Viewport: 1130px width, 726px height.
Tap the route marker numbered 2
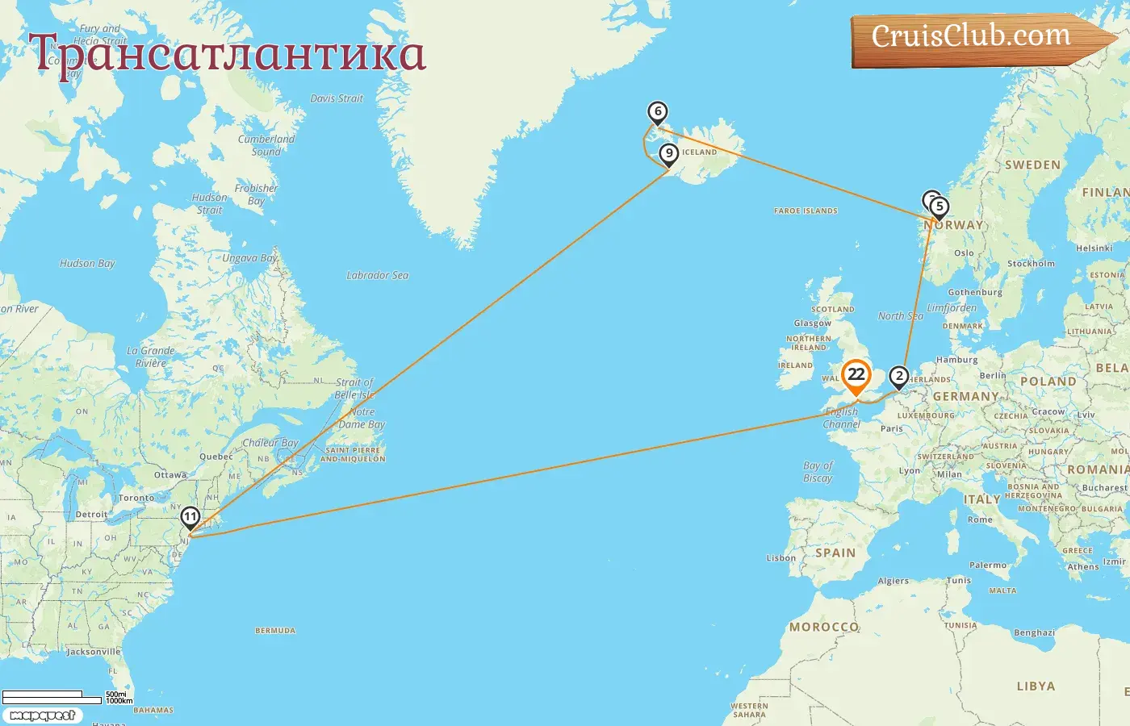coord(898,377)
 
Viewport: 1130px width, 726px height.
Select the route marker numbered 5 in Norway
coord(939,207)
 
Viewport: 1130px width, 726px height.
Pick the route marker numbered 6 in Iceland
coord(658,112)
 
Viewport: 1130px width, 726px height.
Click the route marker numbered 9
coord(668,153)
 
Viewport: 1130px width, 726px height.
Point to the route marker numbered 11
coord(190,517)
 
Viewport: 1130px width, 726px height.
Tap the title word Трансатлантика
coord(227,55)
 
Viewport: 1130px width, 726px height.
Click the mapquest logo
coord(42,716)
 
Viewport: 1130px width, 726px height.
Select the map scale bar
coord(52,697)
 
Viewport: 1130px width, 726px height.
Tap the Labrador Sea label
coord(377,276)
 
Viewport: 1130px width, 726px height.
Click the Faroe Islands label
coord(806,211)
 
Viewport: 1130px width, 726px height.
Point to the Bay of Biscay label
coord(818,472)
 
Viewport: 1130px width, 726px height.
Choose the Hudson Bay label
coord(87,264)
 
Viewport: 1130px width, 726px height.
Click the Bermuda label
coord(275,631)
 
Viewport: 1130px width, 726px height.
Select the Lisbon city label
coord(781,558)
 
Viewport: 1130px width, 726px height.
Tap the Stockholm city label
coord(1031,264)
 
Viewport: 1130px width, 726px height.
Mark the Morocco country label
coord(824,627)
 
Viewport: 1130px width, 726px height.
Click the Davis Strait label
coord(337,98)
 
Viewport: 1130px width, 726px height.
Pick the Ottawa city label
coord(170,475)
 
